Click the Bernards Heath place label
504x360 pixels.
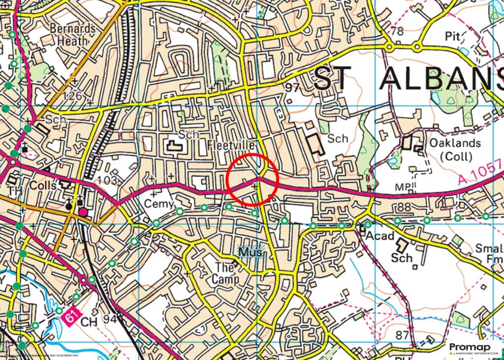[73, 34]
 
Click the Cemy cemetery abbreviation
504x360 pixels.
[158, 204]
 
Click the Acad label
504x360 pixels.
[380, 236]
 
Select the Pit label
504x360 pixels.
[453, 36]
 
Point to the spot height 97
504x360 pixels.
[292, 88]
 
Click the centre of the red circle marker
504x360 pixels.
[253, 179]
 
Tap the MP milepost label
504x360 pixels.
[402, 187]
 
